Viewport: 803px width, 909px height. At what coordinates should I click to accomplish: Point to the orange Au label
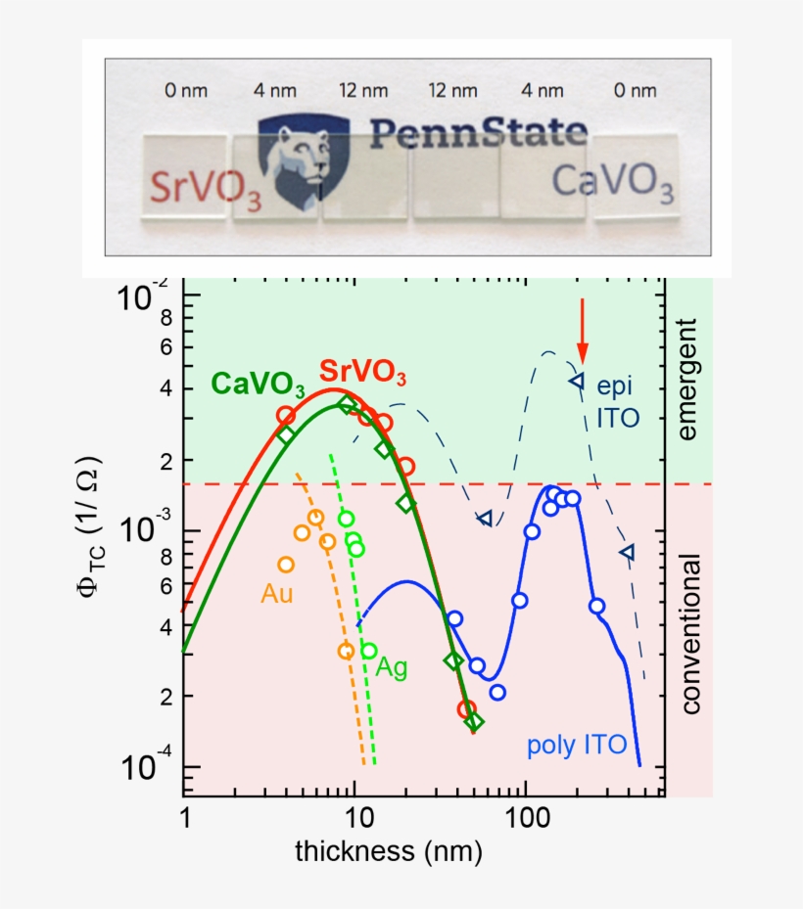(276, 593)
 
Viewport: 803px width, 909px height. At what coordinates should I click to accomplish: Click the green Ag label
(393, 667)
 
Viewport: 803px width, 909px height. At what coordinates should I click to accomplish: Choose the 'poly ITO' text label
(576, 746)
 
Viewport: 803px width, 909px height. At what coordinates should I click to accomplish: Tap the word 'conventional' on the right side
(688, 634)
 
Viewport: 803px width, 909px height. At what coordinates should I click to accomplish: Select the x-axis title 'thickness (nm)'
(389, 851)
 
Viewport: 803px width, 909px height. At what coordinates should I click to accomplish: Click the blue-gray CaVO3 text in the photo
(612, 183)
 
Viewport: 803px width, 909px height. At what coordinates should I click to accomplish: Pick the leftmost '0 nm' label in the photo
(186, 91)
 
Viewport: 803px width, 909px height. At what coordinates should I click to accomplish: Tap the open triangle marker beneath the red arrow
(577, 380)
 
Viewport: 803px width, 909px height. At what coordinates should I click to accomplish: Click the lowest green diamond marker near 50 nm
(474, 722)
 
